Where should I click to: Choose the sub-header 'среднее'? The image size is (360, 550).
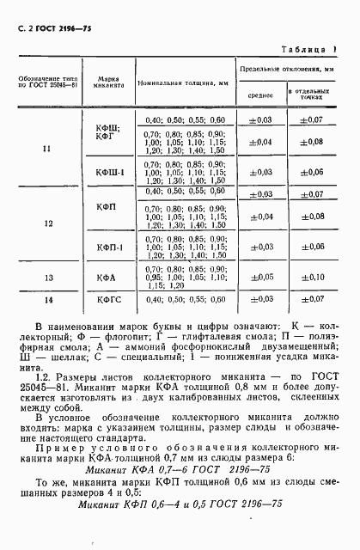click(x=261, y=95)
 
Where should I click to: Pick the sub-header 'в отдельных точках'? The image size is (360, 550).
click(x=311, y=95)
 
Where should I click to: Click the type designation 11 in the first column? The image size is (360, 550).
click(x=46, y=150)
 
